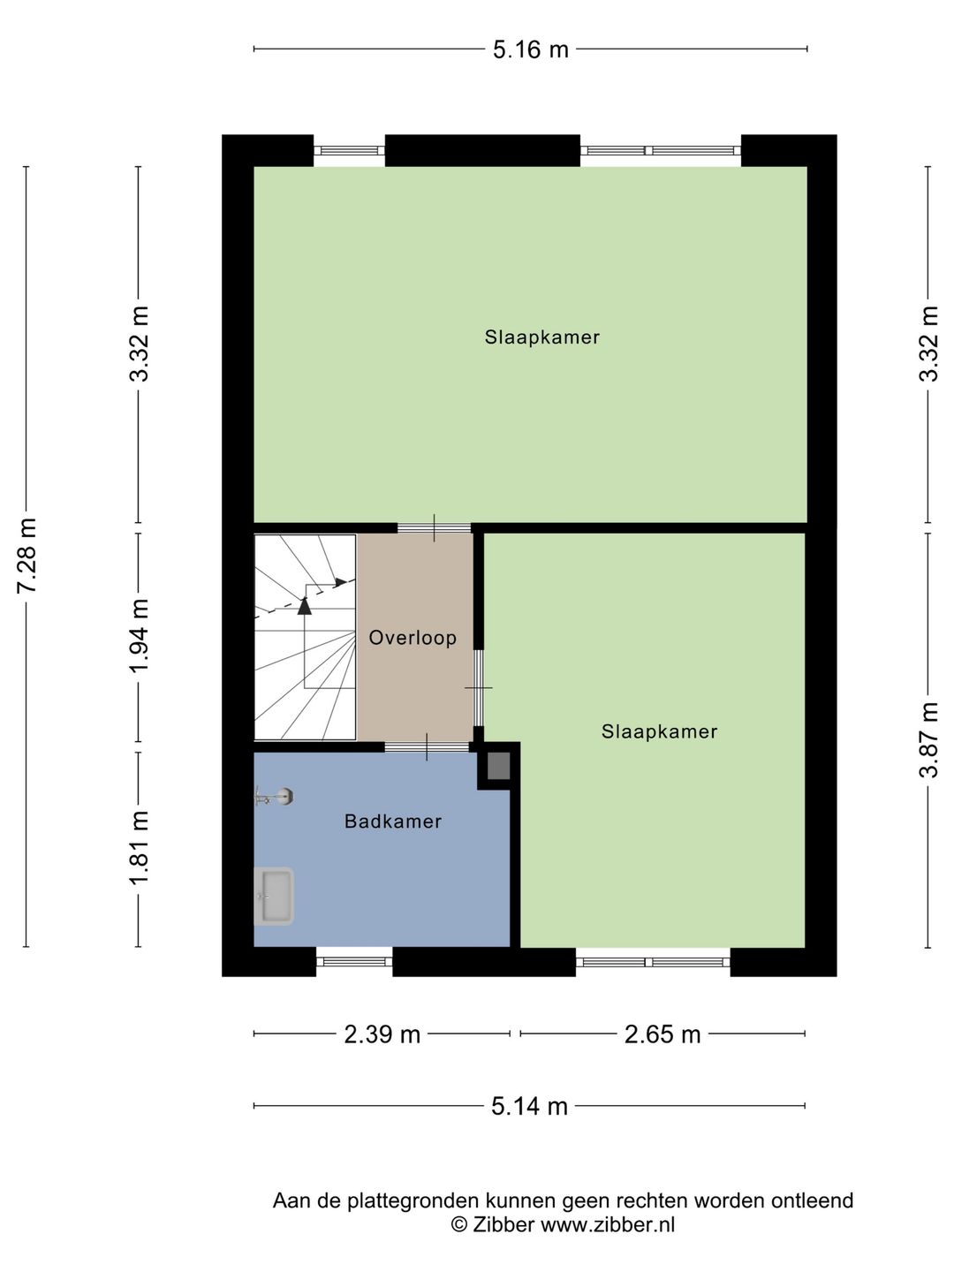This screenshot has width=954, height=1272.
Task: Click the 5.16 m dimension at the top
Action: [x=530, y=49]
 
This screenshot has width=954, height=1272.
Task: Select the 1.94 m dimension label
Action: [x=139, y=636]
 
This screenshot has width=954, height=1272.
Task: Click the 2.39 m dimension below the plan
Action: [x=382, y=1033]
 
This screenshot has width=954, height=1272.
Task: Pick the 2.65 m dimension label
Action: [x=662, y=1033]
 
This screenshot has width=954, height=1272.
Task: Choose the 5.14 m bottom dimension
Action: [x=529, y=1105]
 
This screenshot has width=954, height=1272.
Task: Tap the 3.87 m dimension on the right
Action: [x=928, y=740]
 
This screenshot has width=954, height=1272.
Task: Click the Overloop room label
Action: [x=413, y=638]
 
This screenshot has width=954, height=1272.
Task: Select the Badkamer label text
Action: [x=393, y=821]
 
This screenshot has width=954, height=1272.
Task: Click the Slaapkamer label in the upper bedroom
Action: [x=541, y=337]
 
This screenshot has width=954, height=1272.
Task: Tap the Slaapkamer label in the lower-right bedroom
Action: [x=659, y=731]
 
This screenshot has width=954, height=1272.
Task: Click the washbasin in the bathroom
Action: [x=274, y=896]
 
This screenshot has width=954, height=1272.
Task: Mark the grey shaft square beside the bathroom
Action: [x=499, y=765]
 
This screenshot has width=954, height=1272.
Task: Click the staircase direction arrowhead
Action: [x=305, y=605]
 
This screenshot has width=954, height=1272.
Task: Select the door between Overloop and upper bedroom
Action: [x=434, y=528]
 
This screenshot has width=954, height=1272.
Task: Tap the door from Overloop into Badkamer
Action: [x=427, y=747]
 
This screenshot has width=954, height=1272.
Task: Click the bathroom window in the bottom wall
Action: [x=354, y=961]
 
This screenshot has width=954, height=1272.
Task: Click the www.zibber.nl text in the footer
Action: [x=608, y=1224]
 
